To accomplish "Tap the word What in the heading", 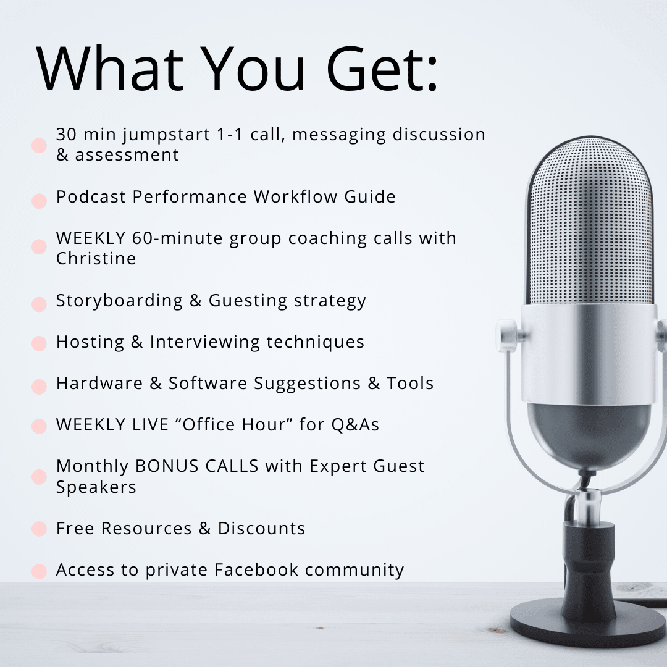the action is pyautogui.click(x=110, y=68).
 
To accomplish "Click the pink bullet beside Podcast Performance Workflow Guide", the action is pyautogui.click(x=39, y=201).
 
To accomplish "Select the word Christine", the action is pyautogui.click(x=96, y=258).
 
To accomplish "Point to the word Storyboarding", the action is pyautogui.click(x=120, y=301).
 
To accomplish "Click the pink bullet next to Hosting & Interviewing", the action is pyautogui.click(x=39, y=343).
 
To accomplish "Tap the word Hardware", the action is pyautogui.click(x=99, y=383).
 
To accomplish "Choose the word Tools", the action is pyautogui.click(x=410, y=383).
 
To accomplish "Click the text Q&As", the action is pyautogui.click(x=355, y=424).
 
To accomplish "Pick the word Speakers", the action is pyautogui.click(x=96, y=487).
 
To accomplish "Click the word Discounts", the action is pyautogui.click(x=262, y=528).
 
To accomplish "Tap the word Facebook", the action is pyautogui.click(x=256, y=569).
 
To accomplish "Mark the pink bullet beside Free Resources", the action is pyautogui.click(x=39, y=529).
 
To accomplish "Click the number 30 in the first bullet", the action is pyautogui.click(x=66, y=134).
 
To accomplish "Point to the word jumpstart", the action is pyautogui.click(x=166, y=135).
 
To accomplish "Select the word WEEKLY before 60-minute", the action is pyautogui.click(x=91, y=238).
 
